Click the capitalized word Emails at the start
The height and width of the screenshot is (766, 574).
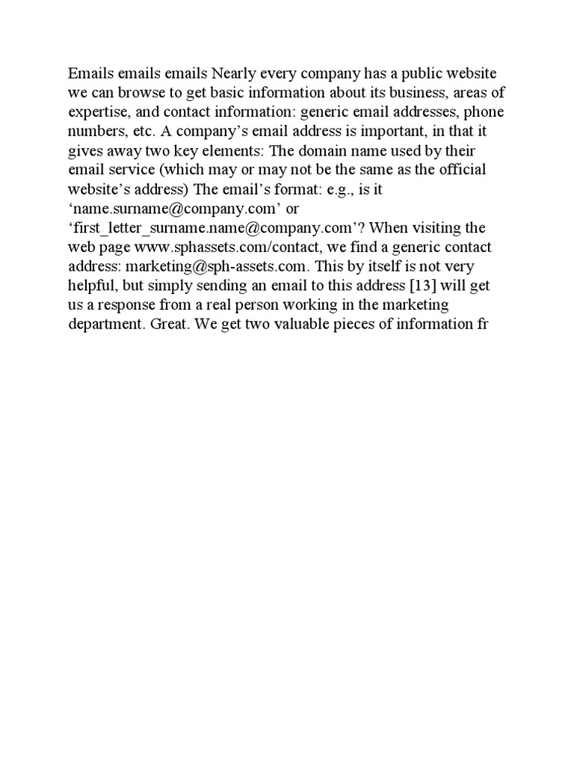pyautogui.click(x=88, y=74)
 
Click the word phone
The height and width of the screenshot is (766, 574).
pyautogui.click(x=486, y=113)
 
